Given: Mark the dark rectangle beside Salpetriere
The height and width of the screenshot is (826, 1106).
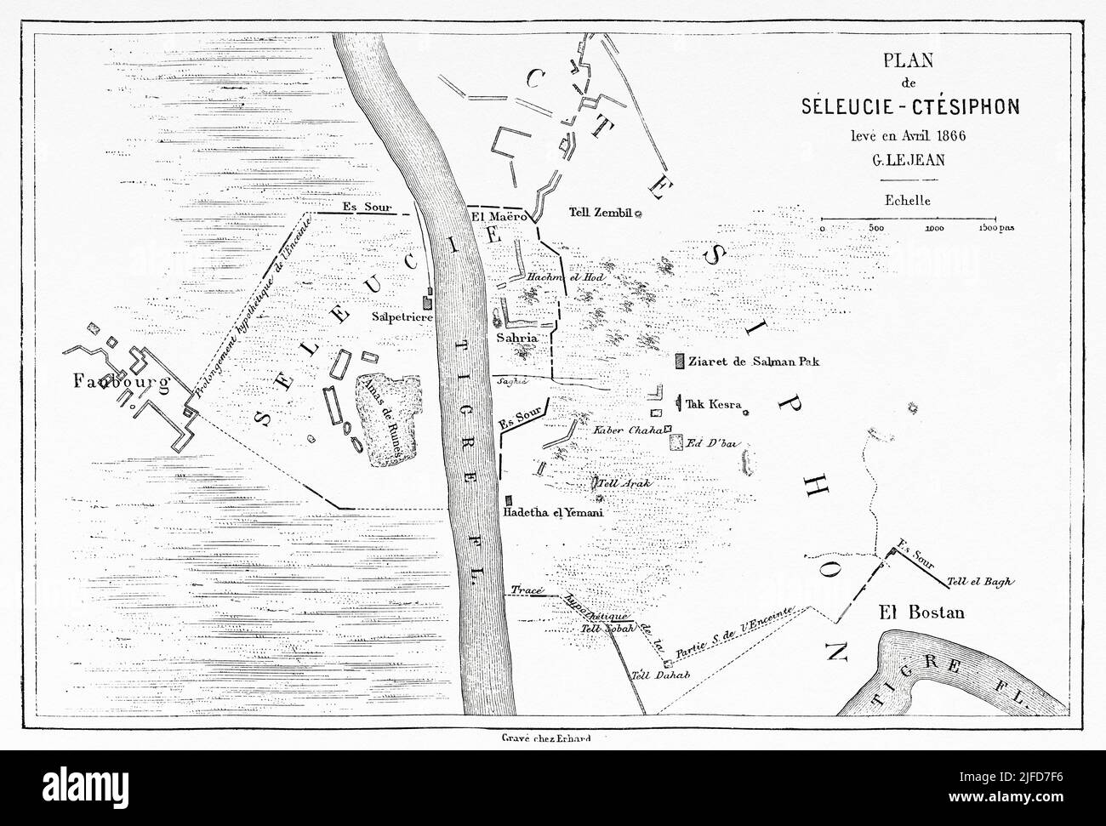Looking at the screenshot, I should pos(428,301).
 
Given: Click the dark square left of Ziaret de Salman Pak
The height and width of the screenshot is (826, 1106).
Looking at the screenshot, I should pos(679,362).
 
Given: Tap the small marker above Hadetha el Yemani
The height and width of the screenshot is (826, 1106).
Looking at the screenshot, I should pos(508,500).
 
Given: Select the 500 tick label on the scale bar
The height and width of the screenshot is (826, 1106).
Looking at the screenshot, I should pos(876,228).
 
